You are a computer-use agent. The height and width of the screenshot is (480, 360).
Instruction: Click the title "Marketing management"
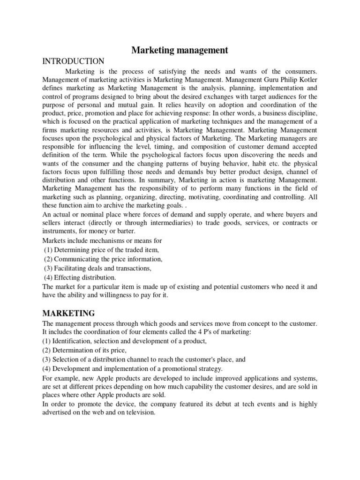(x=180, y=50)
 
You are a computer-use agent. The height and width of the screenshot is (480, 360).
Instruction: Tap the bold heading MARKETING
(x=68, y=313)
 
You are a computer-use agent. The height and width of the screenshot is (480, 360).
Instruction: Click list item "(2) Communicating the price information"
(x=103, y=259)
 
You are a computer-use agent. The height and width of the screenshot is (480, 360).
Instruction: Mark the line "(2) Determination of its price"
(x=85, y=350)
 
